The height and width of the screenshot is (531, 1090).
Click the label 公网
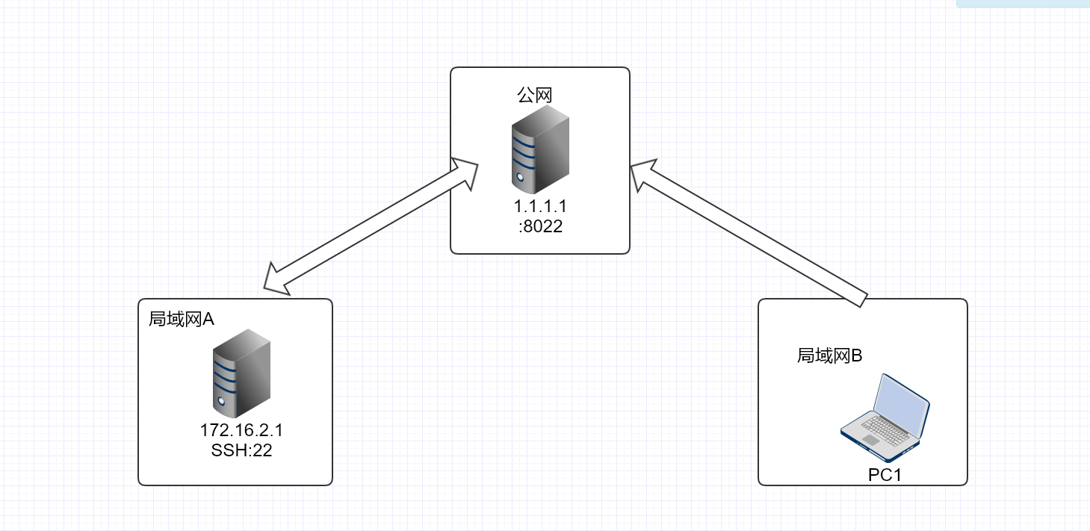coord(535,95)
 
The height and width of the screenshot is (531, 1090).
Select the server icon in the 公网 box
coord(539,150)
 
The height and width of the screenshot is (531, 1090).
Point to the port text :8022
coord(539,226)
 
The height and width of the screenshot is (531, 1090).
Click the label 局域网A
coord(182,319)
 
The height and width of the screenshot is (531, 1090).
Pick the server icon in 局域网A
coord(241,378)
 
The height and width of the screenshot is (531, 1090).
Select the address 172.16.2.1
coord(241,431)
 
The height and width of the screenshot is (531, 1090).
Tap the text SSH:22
coord(241,450)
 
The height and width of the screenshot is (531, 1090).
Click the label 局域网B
coord(829,355)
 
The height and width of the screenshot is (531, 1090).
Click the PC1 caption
coord(885,474)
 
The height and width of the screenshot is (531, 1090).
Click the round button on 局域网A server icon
coord(220,402)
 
